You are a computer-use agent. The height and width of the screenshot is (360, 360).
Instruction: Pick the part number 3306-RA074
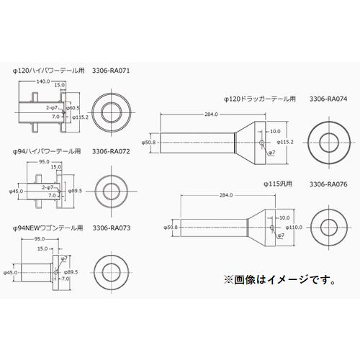[328, 98]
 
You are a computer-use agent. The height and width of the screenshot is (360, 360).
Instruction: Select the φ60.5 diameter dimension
[73, 106]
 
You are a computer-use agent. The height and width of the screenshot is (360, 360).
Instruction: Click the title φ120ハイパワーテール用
[47, 71]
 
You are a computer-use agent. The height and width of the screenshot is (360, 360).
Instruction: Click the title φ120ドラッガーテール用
[260, 98]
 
